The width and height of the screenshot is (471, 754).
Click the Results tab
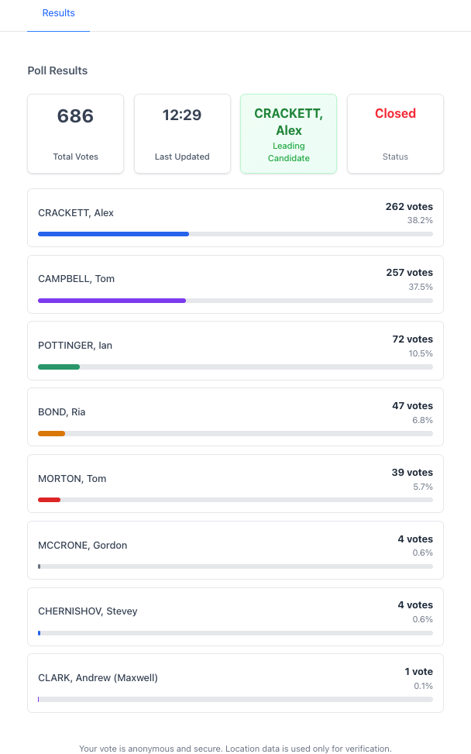[58, 13]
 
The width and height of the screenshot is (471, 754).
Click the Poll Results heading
[57, 71]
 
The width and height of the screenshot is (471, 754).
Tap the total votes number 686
[75, 116]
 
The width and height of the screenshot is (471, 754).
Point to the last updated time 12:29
[182, 115]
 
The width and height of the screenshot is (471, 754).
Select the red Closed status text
[395, 113]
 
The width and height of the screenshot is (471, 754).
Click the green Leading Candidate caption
[288, 152]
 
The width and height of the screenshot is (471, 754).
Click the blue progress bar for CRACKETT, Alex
[113, 233]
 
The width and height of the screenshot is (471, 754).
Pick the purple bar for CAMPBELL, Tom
[112, 300]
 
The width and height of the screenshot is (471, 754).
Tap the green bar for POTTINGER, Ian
[59, 367]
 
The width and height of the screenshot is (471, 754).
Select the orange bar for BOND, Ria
[51, 433]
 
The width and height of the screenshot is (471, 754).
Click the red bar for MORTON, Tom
[49, 500]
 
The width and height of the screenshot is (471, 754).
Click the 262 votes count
[409, 207]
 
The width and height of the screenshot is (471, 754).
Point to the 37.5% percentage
[421, 287]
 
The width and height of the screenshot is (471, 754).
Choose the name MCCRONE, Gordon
[82, 545]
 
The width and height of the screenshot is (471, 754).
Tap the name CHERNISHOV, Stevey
[88, 611]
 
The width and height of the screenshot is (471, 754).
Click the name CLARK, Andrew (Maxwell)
[98, 677]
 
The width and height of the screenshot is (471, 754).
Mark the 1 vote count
[418, 671]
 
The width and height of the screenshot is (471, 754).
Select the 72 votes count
[412, 339]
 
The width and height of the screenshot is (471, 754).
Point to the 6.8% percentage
[422, 420]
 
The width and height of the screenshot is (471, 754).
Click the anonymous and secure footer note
[235, 749]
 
